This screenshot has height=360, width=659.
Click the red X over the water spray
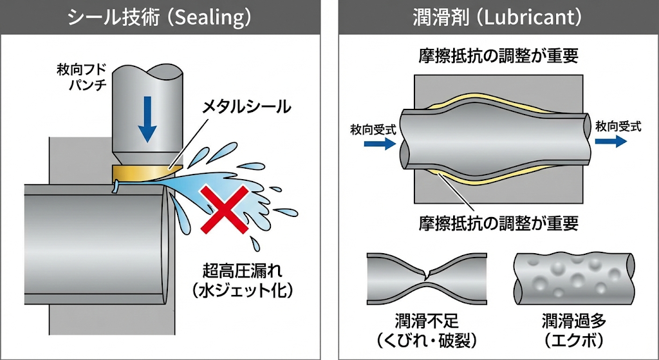pos(225,209)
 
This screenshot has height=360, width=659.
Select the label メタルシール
pos(246,106)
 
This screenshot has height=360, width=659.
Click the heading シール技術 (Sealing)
pos(160,17)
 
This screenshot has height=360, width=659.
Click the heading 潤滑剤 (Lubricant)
pos(497,17)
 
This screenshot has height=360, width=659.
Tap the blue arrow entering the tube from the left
pos(380,144)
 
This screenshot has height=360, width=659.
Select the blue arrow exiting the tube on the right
pos(611,141)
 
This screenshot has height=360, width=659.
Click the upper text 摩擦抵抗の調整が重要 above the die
pos(499,56)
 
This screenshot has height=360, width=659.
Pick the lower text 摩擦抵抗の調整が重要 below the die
pos(499,223)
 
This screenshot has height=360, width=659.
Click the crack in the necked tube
pos(427,274)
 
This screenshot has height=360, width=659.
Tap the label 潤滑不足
pos(427,322)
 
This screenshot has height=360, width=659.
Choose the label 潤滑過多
pos(573,322)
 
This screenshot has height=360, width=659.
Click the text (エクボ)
pos(573,340)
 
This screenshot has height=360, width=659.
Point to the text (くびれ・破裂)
pos(427,340)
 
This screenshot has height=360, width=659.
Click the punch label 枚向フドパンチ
pos(82,77)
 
